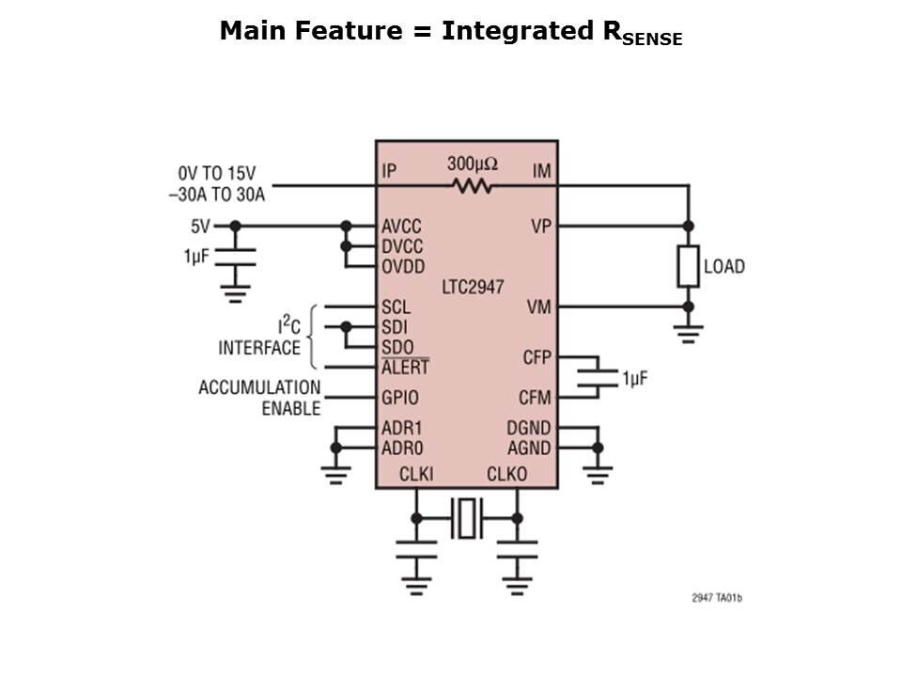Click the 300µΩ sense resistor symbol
coord(472,186)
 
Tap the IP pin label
coord(390,171)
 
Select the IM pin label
coord(541,171)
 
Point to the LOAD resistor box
coord(689,266)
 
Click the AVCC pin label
coord(401,227)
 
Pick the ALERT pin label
coord(405,368)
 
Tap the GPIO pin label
coord(401,397)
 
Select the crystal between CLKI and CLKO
coord(466,518)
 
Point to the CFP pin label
coord(537,357)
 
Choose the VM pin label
coord(539,307)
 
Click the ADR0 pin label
coord(401,448)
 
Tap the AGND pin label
coord(529,448)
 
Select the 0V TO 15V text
coord(217,174)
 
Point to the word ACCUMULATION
coord(259,387)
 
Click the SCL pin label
coord(396,307)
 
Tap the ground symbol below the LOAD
coord(689,328)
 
